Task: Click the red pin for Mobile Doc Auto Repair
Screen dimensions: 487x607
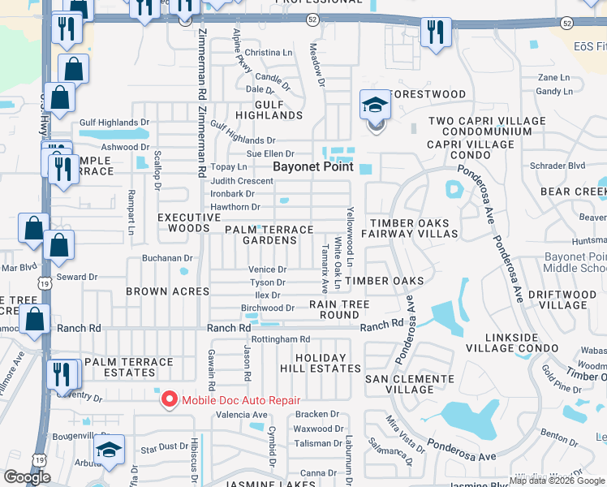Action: coord(169,399)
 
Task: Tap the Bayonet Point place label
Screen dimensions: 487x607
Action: coord(312,166)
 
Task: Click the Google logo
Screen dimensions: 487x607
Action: coord(27,477)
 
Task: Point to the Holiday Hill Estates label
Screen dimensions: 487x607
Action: coord(316,363)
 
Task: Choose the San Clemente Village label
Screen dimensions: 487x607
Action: coord(410,384)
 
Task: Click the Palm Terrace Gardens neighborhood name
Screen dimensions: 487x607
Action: coord(269,235)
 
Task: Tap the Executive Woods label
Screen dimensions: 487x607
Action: coord(183,223)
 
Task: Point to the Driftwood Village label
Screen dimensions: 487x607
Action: coord(562,298)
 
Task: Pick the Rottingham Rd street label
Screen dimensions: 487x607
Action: coord(281,339)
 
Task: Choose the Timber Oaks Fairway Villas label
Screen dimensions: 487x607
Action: coord(414,228)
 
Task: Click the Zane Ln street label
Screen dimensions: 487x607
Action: coord(554,77)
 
